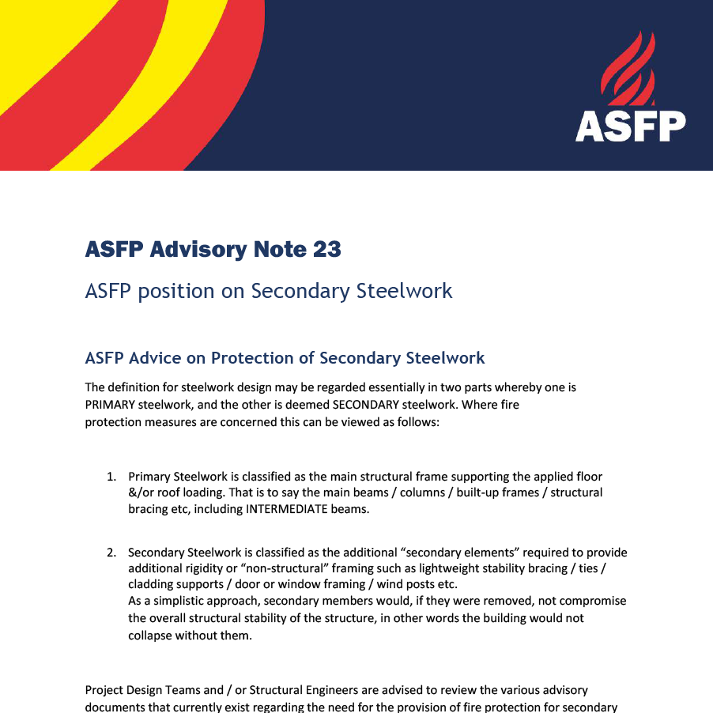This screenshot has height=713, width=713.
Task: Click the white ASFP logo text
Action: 630,126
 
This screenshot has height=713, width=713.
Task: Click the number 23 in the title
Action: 326,250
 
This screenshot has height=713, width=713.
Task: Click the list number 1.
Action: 111,477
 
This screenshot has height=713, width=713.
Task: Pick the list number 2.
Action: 111,553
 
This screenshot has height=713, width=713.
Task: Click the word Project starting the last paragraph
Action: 105,690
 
